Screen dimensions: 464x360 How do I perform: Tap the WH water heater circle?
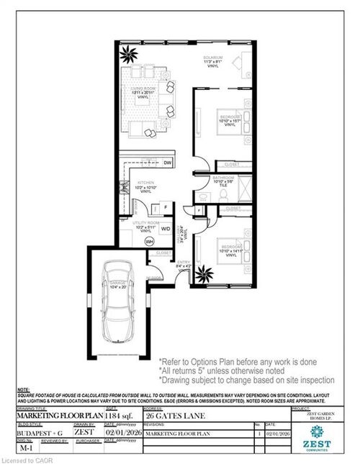(150, 241)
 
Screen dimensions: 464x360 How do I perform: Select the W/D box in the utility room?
(166, 229)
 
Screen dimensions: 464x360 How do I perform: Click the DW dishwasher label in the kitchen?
(166, 163)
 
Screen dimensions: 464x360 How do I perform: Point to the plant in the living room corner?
(130, 53)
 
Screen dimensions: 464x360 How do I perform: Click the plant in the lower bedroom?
(202, 274)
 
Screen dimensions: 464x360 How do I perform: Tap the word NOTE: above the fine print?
(23, 389)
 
